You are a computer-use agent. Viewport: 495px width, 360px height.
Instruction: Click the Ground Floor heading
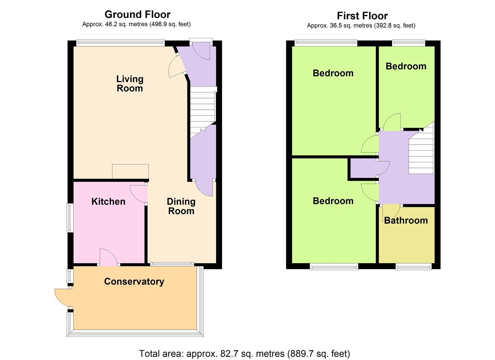(x=137, y=14)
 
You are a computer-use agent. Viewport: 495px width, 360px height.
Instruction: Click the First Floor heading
(x=362, y=16)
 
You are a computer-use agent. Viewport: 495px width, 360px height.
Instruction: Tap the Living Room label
(x=130, y=84)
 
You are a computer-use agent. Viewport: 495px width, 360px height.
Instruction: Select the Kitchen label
(x=108, y=201)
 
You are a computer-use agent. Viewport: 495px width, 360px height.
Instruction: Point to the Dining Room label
(x=181, y=206)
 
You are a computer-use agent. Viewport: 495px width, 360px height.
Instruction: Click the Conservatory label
(x=134, y=281)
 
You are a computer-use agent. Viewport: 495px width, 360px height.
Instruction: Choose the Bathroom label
(x=406, y=220)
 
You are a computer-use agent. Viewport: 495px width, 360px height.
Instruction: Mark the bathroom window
(x=413, y=266)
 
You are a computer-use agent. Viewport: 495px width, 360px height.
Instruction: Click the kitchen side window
(x=69, y=218)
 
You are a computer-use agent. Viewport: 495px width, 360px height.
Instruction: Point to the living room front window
(x=120, y=43)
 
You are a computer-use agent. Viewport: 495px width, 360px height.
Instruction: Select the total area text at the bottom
(x=244, y=353)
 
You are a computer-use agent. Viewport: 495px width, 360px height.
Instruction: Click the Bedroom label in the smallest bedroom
(x=406, y=66)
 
